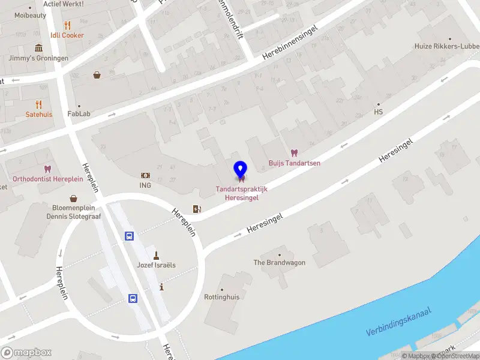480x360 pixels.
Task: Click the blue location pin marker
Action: pos(241,170)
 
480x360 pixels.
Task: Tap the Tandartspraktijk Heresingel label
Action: pos(242,194)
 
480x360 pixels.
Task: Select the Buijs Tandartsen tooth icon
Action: pos(294,153)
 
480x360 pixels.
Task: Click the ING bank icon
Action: pos(145,175)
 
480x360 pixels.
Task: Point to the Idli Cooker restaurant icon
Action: pos(67,25)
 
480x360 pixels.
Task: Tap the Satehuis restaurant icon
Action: pos(39,104)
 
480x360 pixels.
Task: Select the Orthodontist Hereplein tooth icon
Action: pos(47,170)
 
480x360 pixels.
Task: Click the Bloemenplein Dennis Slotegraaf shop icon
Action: pos(74,198)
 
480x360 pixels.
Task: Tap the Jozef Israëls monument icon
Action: pos(156,255)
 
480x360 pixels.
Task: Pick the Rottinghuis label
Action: pos(221,296)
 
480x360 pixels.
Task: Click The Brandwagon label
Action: pos(279,263)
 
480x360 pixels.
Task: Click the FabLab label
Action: pos(79,113)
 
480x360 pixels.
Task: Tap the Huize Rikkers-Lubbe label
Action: pos(446,46)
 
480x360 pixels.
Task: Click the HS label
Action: pos(378,112)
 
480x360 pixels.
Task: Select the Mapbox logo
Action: pos(26,353)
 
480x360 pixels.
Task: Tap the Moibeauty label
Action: pos(30,16)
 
